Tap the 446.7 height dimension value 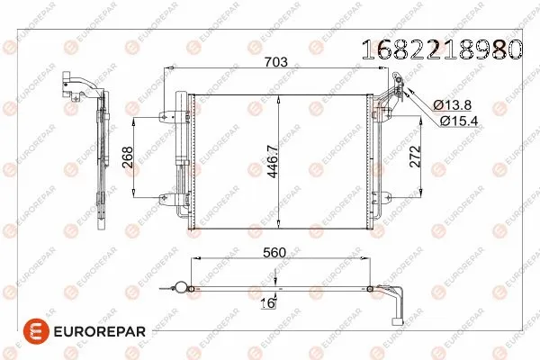coord(271,161)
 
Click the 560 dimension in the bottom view coord(274,254)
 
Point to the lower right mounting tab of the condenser coord(379,199)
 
